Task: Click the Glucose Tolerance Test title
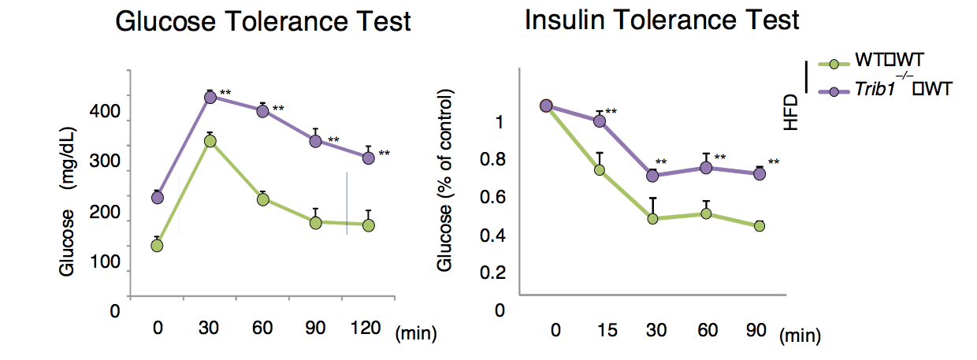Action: pyautogui.click(x=263, y=21)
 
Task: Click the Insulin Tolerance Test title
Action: pyautogui.click(x=662, y=20)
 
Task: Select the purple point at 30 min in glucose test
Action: pyautogui.click(x=210, y=97)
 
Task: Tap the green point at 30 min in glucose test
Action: pyautogui.click(x=210, y=141)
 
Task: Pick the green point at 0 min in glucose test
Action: pyautogui.click(x=157, y=245)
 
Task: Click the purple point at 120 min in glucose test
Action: pyautogui.click(x=368, y=158)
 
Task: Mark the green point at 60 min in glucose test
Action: pyautogui.click(x=263, y=199)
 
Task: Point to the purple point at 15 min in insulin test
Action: pyautogui.click(x=600, y=121)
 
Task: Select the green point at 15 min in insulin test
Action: pyautogui.click(x=600, y=169)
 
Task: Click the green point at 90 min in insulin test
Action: pyautogui.click(x=760, y=226)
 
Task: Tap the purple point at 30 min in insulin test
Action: pyautogui.click(x=652, y=176)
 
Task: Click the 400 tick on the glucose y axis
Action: pyautogui.click(x=110, y=113)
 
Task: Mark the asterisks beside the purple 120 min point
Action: pyautogui.click(x=384, y=154)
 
